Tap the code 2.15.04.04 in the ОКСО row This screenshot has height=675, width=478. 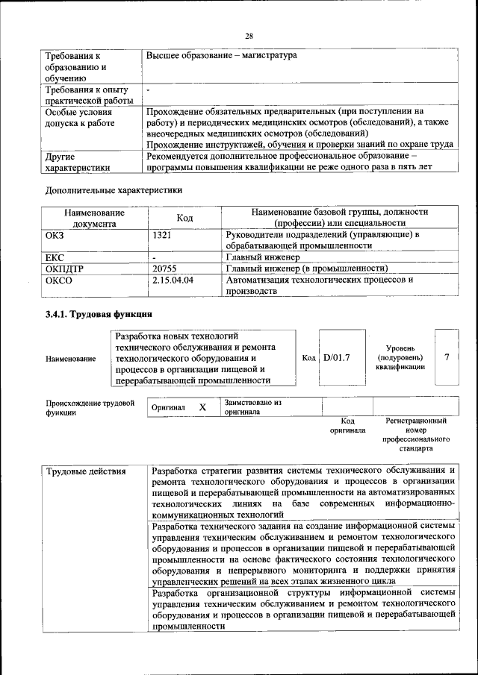point(173,280)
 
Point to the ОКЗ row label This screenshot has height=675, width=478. point(57,235)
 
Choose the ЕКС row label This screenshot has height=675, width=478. point(55,257)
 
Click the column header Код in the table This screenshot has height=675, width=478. point(184,217)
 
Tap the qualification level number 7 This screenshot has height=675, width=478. point(447,357)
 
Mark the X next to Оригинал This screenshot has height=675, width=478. point(202,408)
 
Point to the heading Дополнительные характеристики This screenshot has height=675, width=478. point(114,190)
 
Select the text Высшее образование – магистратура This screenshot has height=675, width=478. point(222,55)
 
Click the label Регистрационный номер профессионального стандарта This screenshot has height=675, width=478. point(416,436)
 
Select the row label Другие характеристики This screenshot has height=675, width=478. point(77,163)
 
